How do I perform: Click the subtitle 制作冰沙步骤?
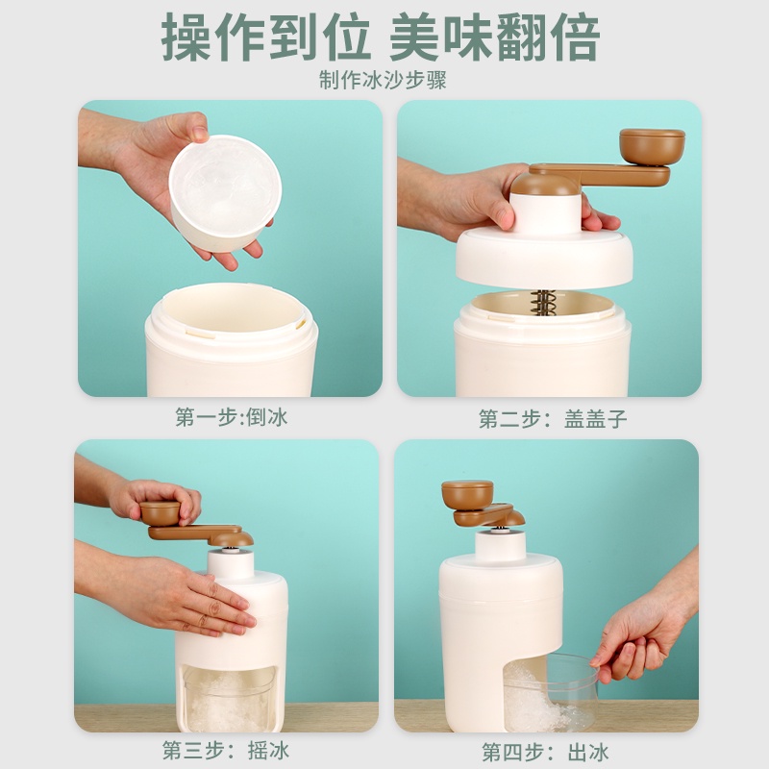[383, 80]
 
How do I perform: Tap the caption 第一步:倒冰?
[231, 417]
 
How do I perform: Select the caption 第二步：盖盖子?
[553, 419]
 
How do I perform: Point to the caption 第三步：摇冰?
[226, 751]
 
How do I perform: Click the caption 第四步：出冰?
[545, 752]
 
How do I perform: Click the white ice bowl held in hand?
[225, 193]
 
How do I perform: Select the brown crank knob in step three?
[161, 513]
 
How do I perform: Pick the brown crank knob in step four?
[467, 494]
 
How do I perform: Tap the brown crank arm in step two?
[599, 175]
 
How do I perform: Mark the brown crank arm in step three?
[201, 533]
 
